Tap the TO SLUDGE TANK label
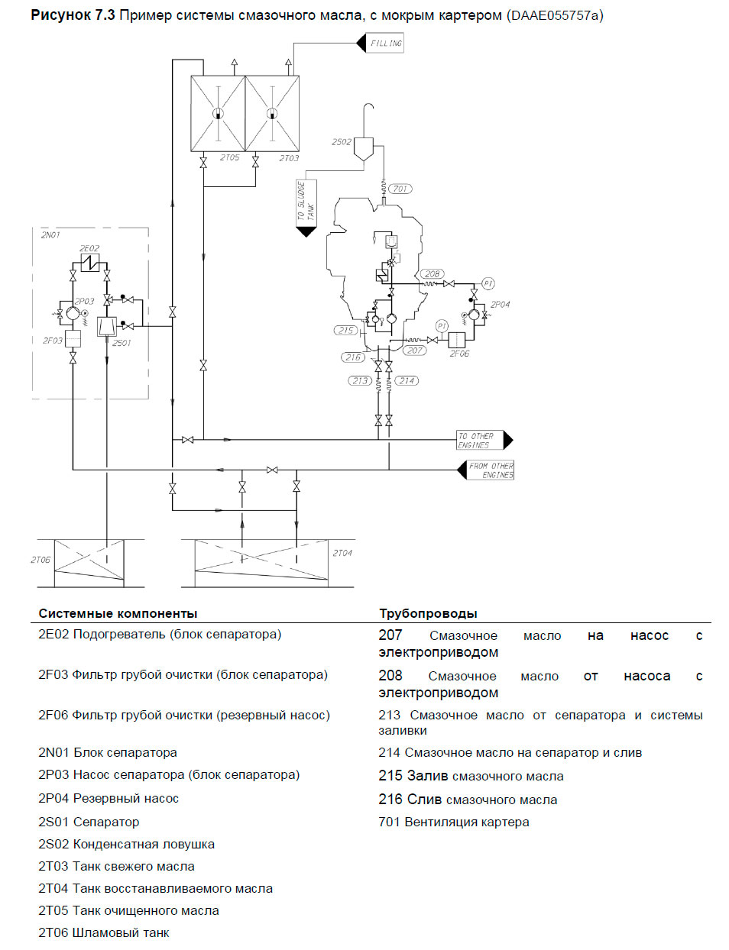pyautogui.click(x=306, y=202)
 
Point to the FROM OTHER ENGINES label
pyautogui.click(x=491, y=470)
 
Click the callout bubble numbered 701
pyautogui.click(x=400, y=189)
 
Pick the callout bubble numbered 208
pyautogui.click(x=433, y=273)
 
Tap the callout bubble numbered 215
pyautogui.click(x=345, y=331)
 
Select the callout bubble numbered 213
pyautogui.click(x=360, y=380)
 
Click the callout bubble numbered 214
pyautogui.click(x=407, y=380)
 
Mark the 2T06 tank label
pyautogui.click(x=40, y=560)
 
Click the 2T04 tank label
pyautogui.click(x=342, y=553)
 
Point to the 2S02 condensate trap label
pyautogui.click(x=342, y=142)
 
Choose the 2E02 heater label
pyautogui.click(x=89, y=248)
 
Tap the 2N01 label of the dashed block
pyautogui.click(x=50, y=235)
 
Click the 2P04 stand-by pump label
pyautogui.click(x=501, y=304)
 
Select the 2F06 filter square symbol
pyautogui.click(x=457, y=340)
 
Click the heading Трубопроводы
pyautogui.click(x=428, y=613)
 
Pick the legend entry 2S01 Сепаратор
pyautogui.click(x=89, y=822)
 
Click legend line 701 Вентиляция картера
pyautogui.click(x=453, y=822)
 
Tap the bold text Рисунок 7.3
pyautogui.click(x=73, y=15)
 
